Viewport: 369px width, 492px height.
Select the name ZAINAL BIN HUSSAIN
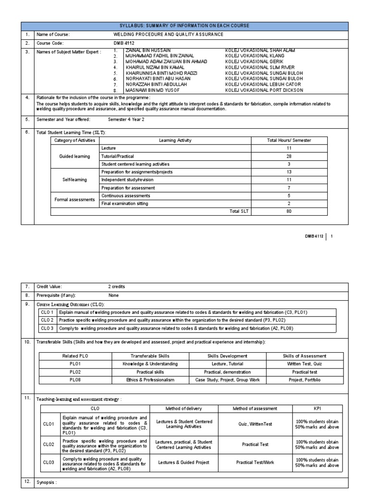(x=148, y=50)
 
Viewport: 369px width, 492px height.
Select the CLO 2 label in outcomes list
(x=47, y=320)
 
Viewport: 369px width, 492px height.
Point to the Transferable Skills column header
(x=150, y=356)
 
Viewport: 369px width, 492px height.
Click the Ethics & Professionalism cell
(x=150, y=380)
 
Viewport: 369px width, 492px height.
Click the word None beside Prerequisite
(x=113, y=295)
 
